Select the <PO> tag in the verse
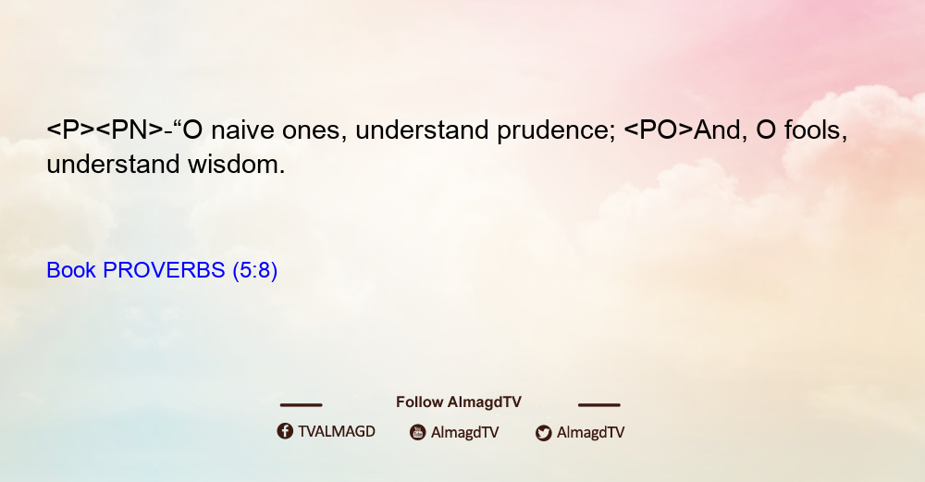pos(659,130)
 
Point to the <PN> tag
pos(129,130)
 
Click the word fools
pos(815,130)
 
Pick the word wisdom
pos(236,165)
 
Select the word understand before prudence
pos(422,130)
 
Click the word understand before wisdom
pos(113,165)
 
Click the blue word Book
pos(71,270)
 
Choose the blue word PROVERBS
pos(164,270)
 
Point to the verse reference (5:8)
pos(255,271)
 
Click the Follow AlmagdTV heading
pos(459,402)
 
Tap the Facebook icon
pos(285,431)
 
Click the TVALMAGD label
pos(337,432)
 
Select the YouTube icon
pos(418,432)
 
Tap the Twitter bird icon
pos(543,433)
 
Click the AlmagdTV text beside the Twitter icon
pos(590,433)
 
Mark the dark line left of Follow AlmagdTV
pos(301,405)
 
